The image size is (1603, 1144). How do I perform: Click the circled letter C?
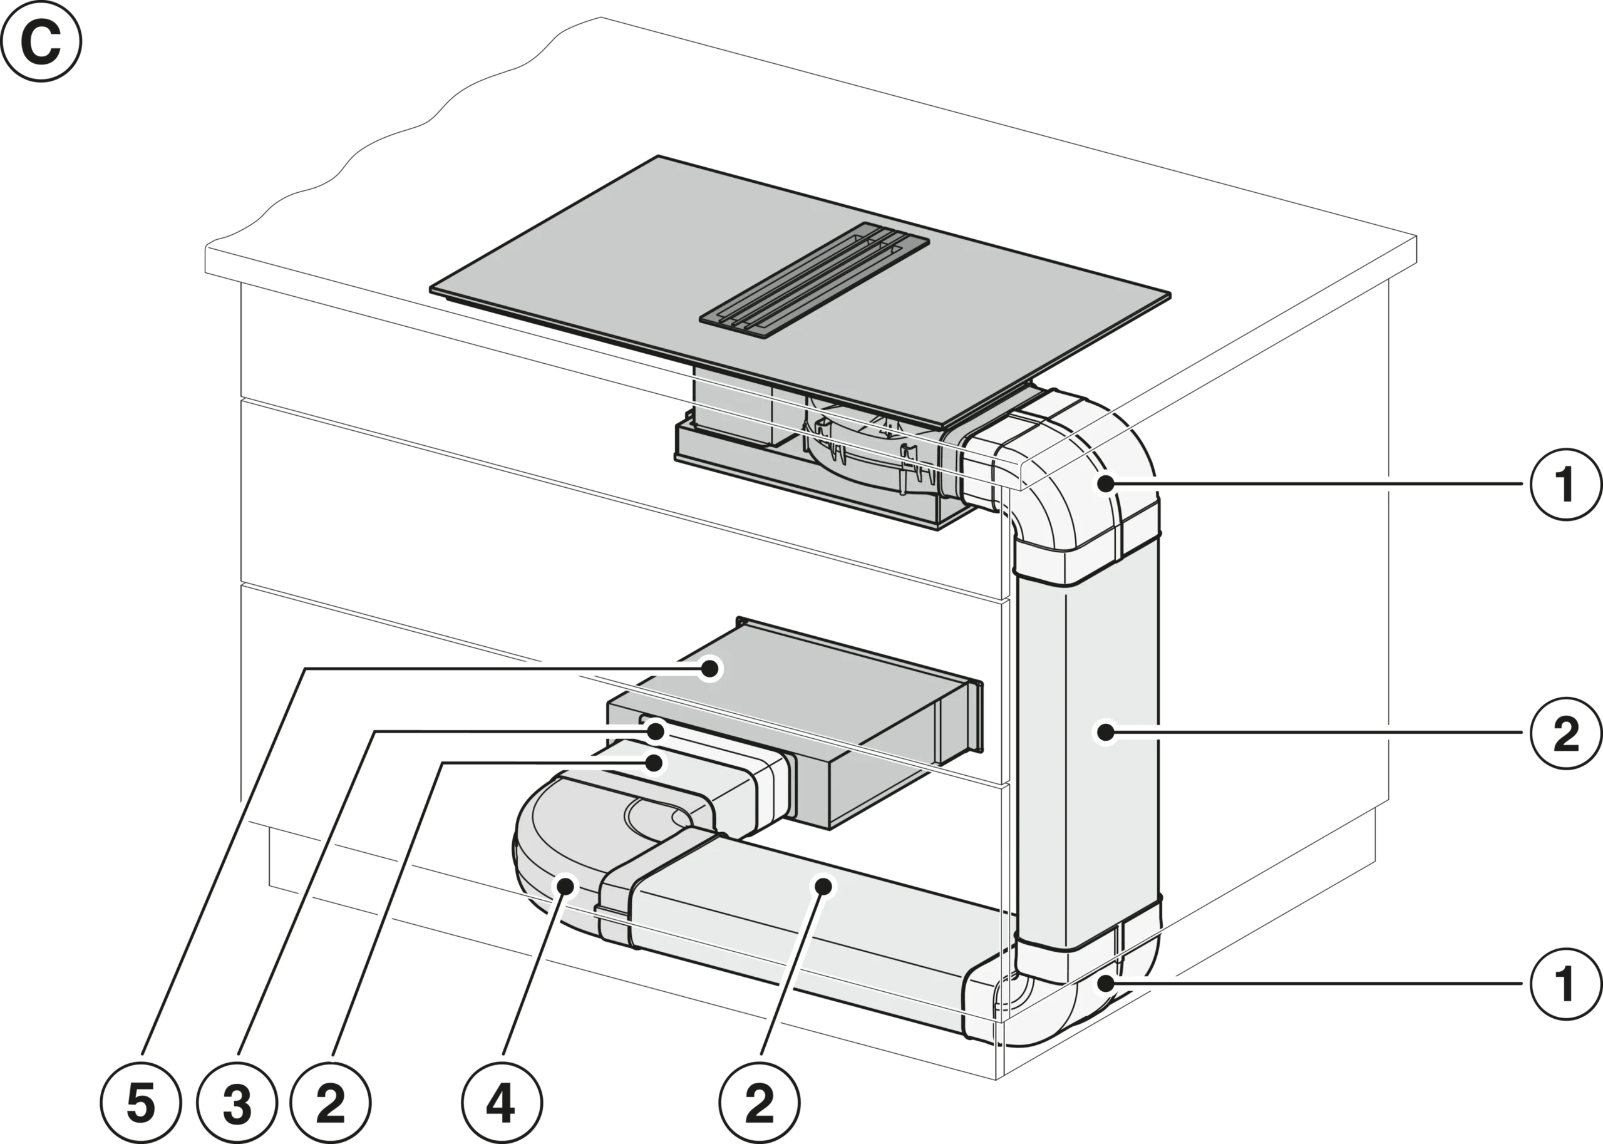[41, 41]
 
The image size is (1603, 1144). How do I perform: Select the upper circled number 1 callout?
[1565, 484]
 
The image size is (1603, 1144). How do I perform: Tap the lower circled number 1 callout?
[1565, 984]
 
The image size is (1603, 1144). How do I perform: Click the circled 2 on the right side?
[1565, 733]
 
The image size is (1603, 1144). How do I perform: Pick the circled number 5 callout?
[141, 1103]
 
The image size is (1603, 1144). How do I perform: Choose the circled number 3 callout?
[237, 1103]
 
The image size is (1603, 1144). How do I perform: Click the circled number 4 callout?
[502, 1103]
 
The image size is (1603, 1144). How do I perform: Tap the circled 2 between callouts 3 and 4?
[331, 1103]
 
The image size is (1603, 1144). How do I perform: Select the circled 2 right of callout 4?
[760, 1103]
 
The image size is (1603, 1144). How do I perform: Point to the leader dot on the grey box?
[711, 667]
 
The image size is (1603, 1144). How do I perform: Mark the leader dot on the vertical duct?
[1106, 733]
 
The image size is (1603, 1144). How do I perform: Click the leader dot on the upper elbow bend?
[1106, 484]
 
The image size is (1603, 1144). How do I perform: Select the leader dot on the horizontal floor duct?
[824, 885]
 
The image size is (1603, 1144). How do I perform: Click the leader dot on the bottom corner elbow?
[1106, 983]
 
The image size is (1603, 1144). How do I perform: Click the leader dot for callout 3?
[656, 732]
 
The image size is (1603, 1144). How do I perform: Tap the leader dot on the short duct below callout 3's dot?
[656, 763]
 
